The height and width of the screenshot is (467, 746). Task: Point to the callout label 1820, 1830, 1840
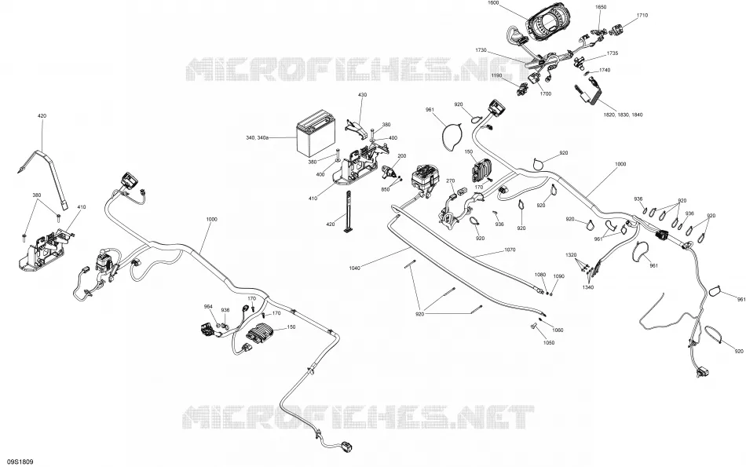pyautogui.click(x=623, y=115)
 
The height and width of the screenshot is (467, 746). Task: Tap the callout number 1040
pyautogui.click(x=355, y=268)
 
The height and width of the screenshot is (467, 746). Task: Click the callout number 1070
pyautogui.click(x=509, y=250)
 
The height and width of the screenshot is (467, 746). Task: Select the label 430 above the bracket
pyautogui.click(x=362, y=95)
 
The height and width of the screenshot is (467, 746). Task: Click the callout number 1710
pyautogui.click(x=642, y=15)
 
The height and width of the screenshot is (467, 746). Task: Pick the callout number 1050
pyautogui.click(x=549, y=342)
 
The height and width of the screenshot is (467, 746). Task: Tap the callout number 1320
pyautogui.click(x=571, y=255)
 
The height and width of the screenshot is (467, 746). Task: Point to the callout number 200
pyautogui.click(x=401, y=156)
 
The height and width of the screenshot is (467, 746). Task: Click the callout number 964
pyautogui.click(x=208, y=306)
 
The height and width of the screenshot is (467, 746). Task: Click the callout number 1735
pyautogui.click(x=613, y=53)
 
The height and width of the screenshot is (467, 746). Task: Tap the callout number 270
pyautogui.click(x=450, y=181)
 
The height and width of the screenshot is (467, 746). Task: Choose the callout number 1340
pyautogui.click(x=588, y=287)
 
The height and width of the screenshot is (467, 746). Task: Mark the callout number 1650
pyautogui.click(x=601, y=7)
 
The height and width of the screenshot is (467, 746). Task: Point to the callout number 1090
pyautogui.click(x=558, y=276)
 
